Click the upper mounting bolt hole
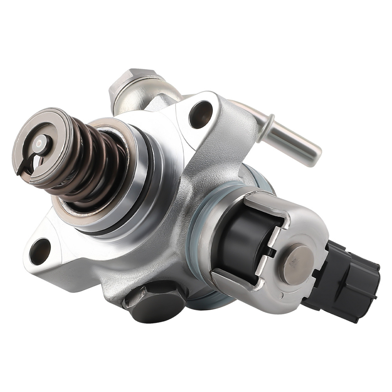[x=201, y=114]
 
